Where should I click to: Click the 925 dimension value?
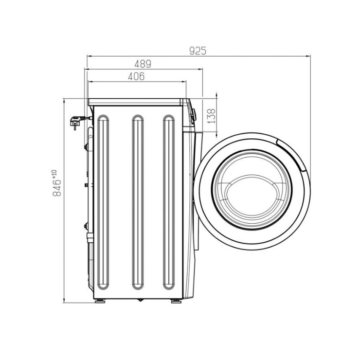point(198,51)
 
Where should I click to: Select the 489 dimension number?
point(143,64)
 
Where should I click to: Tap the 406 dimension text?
point(136,77)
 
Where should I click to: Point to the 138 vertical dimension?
point(212,116)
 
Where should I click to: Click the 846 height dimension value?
point(57,188)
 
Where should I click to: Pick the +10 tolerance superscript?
point(54,174)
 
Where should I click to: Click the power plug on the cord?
point(75,122)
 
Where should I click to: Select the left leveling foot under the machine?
point(100,301)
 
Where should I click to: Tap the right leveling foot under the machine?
point(176,301)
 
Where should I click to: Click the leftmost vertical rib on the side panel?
point(103,202)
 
